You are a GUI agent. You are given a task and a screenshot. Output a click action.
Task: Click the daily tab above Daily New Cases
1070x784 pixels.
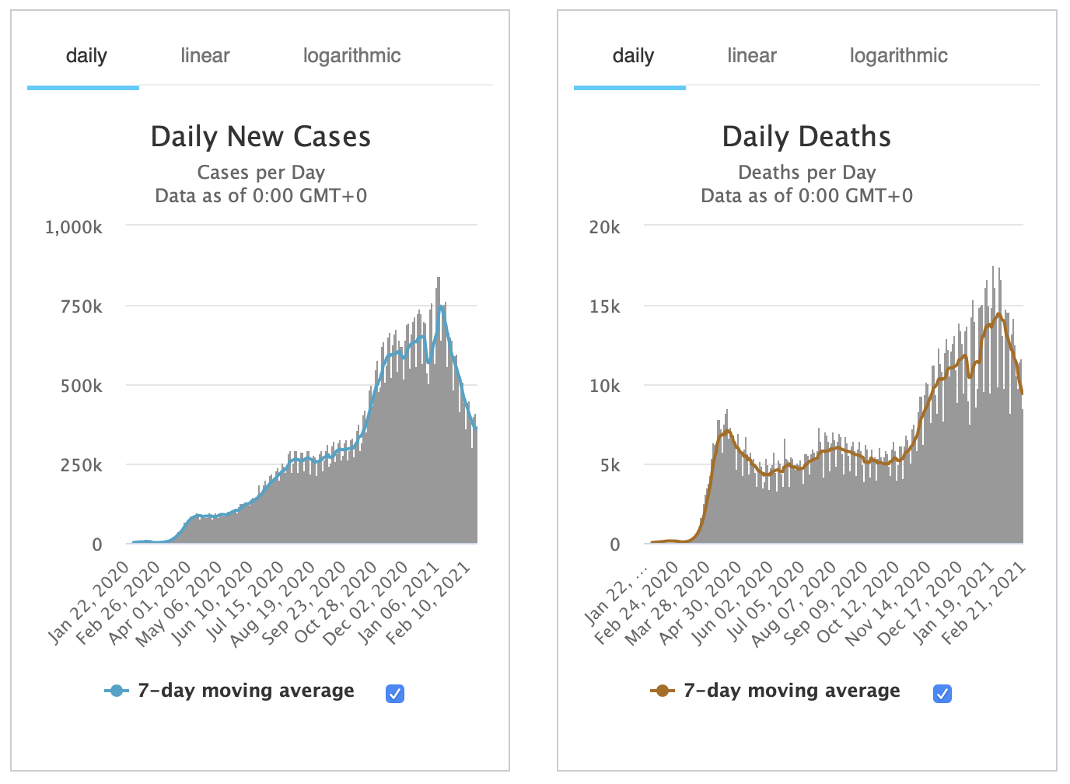click(x=86, y=56)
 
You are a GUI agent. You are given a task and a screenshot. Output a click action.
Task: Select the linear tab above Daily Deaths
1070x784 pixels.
click(x=752, y=56)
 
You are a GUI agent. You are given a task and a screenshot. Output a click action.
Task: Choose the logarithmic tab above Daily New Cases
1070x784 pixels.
click(x=351, y=56)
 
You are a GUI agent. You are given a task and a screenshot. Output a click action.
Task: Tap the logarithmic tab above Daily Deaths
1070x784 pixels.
click(x=898, y=56)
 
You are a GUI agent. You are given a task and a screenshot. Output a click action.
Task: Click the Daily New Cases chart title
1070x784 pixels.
click(x=261, y=137)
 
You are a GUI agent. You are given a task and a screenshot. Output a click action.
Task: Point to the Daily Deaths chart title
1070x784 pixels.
click(x=806, y=137)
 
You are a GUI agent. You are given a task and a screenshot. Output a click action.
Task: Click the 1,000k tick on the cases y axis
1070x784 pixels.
click(x=74, y=227)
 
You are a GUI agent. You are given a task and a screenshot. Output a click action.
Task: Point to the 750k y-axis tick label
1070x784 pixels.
click(x=82, y=306)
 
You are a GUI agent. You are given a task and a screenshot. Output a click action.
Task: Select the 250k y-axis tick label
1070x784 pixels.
click(x=82, y=465)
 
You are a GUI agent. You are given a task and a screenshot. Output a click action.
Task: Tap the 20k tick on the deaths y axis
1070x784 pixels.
click(x=605, y=227)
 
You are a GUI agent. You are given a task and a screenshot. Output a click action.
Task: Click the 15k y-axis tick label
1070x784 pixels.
click(x=605, y=306)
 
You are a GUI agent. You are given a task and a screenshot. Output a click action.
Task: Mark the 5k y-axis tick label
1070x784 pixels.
click(x=610, y=465)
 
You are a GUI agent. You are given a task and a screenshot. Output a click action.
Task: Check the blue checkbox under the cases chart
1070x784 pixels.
click(x=395, y=693)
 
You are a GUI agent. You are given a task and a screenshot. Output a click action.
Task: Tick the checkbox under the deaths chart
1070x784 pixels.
click(x=942, y=693)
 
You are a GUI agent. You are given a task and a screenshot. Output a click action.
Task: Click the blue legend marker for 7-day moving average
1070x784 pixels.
click(x=117, y=691)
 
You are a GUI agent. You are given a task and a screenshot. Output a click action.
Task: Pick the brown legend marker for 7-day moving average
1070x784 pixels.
click(x=663, y=691)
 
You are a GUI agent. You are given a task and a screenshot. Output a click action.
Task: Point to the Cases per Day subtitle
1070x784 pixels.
click(x=261, y=173)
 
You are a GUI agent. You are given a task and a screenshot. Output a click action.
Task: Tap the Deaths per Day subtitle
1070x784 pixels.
click(x=806, y=173)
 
